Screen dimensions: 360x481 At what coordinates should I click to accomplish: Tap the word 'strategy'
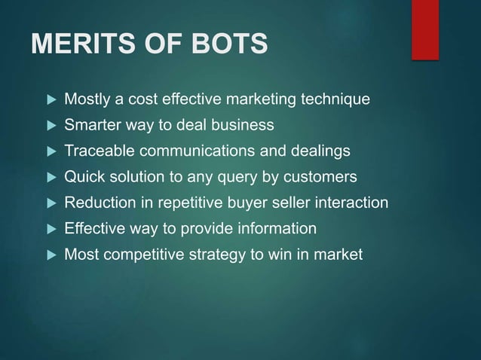(x=207, y=255)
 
